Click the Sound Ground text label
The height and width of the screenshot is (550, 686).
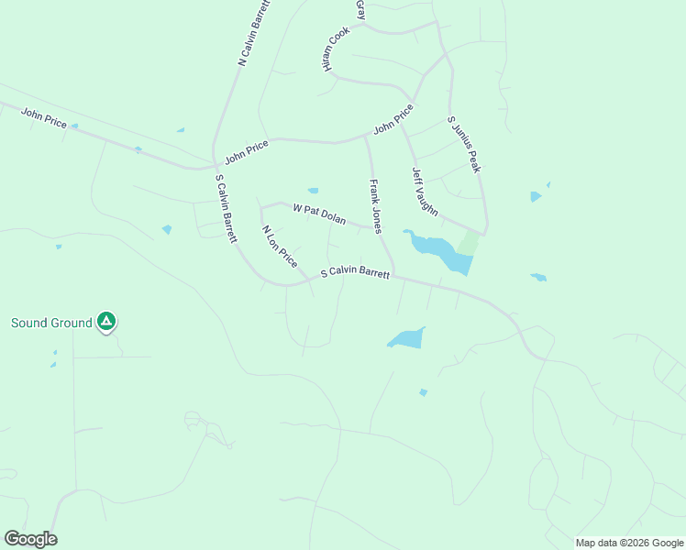[51, 323]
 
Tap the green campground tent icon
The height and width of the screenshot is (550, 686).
[107, 321]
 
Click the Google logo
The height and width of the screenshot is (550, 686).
[30, 539]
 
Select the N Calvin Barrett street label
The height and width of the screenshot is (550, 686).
[249, 32]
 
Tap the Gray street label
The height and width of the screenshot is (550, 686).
[360, 9]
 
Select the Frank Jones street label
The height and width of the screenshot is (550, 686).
[374, 205]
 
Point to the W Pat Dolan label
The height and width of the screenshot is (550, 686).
[319, 214]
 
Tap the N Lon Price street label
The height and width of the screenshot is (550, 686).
[280, 246]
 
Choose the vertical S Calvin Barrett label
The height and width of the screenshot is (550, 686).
[226, 208]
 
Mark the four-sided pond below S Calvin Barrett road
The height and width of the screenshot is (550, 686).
[406, 338]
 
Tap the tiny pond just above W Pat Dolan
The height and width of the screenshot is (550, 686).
[313, 191]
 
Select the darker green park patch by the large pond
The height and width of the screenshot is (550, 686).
[470, 243]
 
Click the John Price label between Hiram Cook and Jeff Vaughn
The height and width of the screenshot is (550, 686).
[393, 119]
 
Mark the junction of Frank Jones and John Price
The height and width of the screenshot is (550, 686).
[366, 137]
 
